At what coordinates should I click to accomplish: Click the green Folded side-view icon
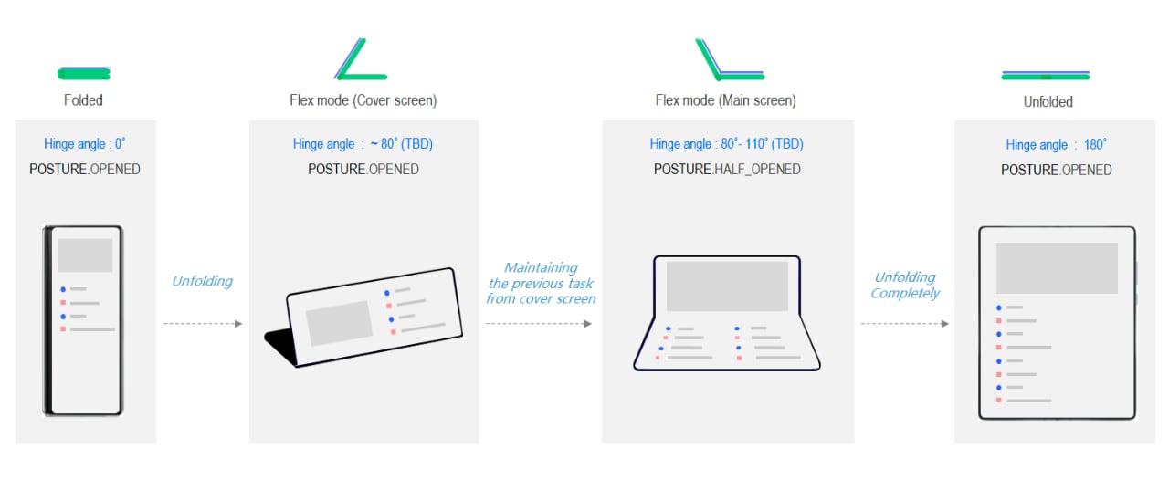[x=84, y=74]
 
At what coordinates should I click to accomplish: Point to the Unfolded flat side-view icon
[x=1046, y=76]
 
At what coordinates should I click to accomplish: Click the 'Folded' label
[x=83, y=100]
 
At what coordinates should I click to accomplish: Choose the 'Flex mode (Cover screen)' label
[x=363, y=100]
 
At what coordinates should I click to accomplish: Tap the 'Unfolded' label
[x=1048, y=101]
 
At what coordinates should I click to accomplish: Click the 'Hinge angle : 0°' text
[x=85, y=144]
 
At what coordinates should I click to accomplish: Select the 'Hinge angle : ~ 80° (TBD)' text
[x=363, y=144]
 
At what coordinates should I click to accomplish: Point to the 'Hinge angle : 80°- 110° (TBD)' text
[x=726, y=144]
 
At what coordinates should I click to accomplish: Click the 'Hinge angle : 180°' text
[x=1057, y=144]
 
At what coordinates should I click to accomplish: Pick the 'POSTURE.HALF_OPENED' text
[x=727, y=170]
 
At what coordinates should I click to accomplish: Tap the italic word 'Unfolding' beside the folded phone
[x=203, y=281]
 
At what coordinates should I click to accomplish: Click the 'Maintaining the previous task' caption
[x=541, y=276]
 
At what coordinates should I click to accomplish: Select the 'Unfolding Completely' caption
[x=905, y=285]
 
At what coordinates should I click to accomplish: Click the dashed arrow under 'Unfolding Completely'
[x=904, y=324]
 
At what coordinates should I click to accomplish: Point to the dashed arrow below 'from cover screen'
[x=539, y=324]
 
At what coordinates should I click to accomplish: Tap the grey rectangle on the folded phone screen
[x=85, y=255]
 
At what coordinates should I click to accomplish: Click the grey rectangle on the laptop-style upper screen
[x=727, y=286]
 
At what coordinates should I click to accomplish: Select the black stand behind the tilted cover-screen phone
[x=279, y=344]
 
